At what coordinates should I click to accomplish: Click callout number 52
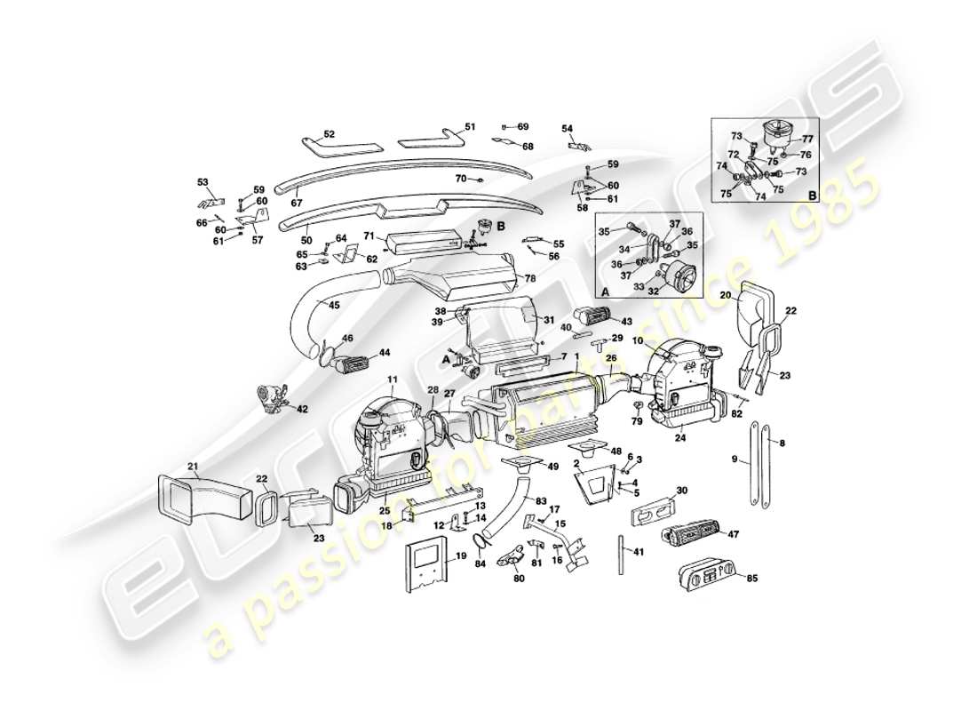click(329, 134)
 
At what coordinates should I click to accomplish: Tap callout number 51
click(470, 127)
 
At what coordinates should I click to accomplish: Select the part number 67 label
click(297, 202)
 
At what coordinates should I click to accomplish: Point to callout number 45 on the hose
click(334, 306)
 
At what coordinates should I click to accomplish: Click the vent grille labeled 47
click(692, 535)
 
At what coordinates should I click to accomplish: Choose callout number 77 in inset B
click(807, 139)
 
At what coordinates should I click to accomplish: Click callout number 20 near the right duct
click(725, 295)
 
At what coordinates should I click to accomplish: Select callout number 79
click(636, 421)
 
